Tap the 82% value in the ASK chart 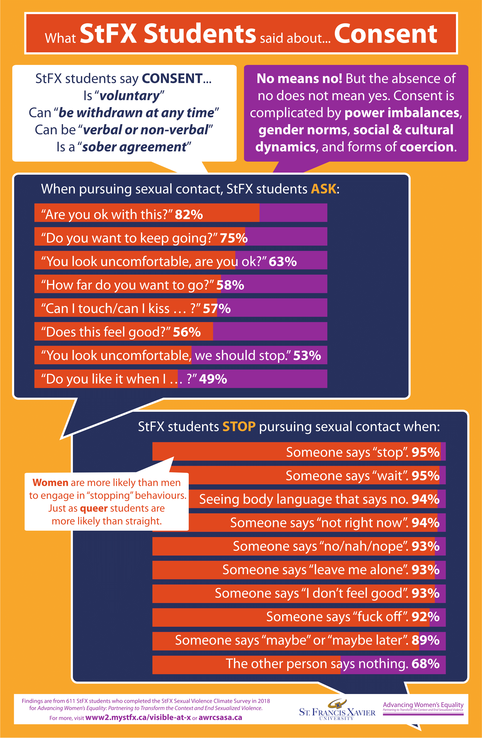[x=189, y=215]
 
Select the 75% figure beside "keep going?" [x=234, y=238]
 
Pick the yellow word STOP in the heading [x=239, y=427]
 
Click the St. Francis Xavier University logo [x=337, y=710]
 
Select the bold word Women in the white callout [x=50, y=483]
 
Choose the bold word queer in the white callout [x=94, y=508]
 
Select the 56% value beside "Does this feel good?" [x=187, y=332]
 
